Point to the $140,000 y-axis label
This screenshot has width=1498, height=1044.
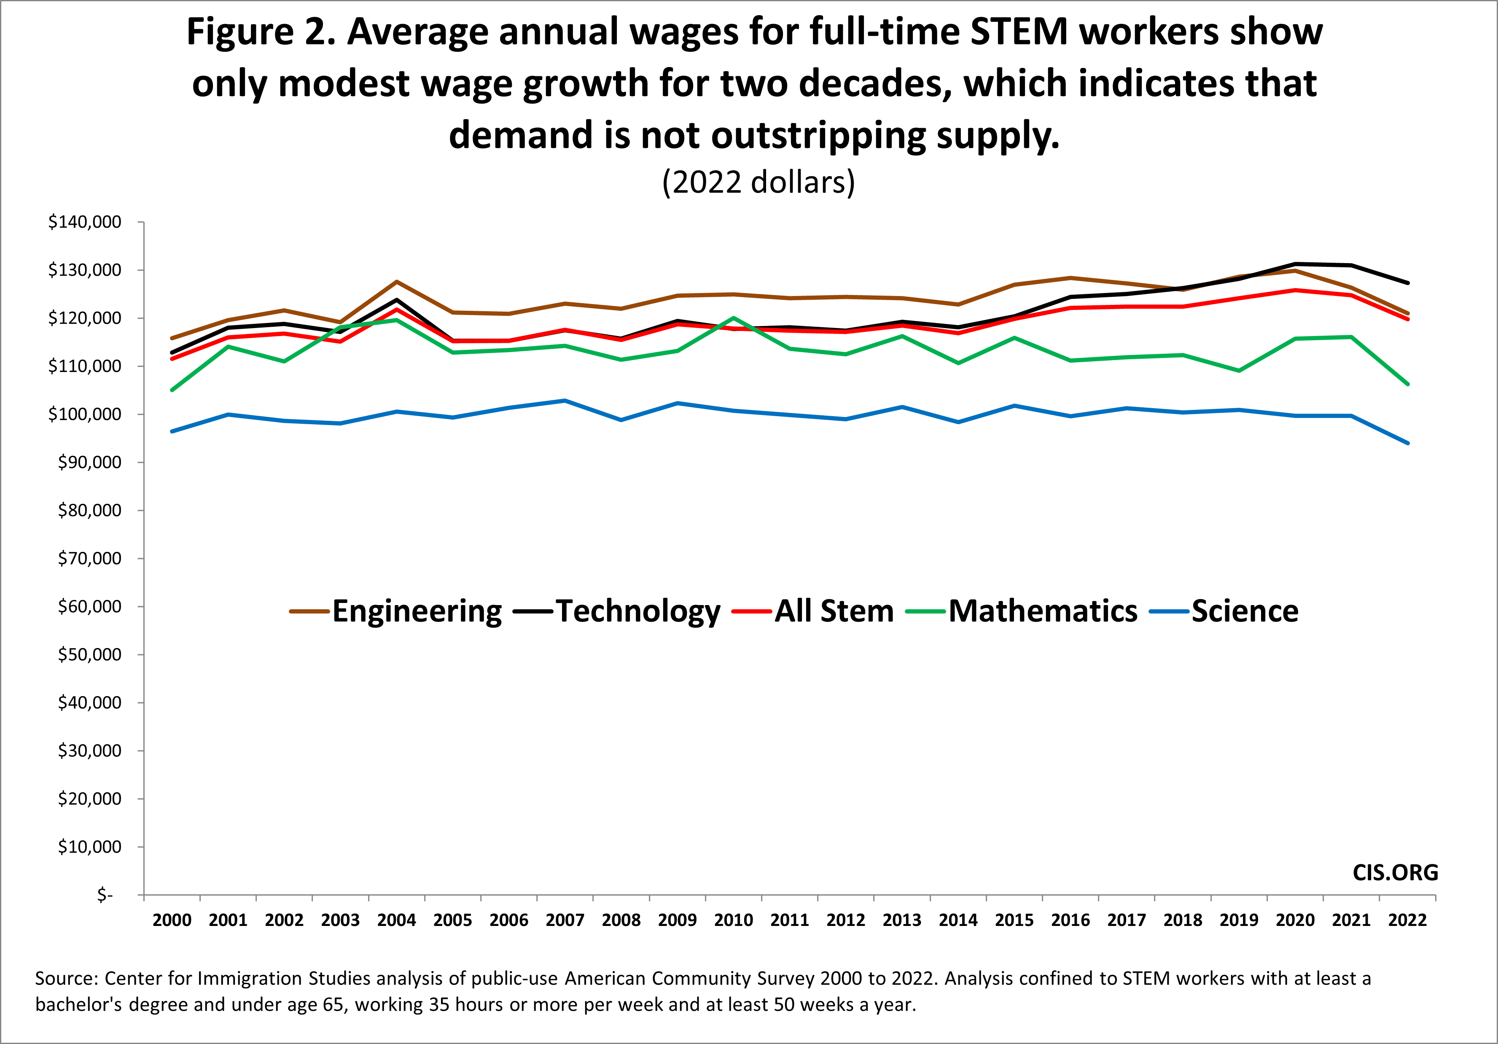click(x=85, y=222)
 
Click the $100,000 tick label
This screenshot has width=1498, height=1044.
click(x=85, y=414)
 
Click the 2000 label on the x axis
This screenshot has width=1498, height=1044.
click(x=172, y=920)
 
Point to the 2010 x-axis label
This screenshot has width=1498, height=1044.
click(x=733, y=920)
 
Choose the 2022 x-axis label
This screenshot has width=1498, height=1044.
click(x=1407, y=920)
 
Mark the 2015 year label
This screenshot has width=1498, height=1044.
click(x=1014, y=920)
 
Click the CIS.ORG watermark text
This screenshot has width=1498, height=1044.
click(x=1395, y=872)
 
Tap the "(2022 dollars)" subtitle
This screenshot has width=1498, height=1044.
click(x=758, y=182)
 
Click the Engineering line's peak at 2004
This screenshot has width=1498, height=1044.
click(x=397, y=282)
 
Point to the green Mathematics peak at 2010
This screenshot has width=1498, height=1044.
click(x=733, y=318)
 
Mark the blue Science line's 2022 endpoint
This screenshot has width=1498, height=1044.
click(x=1407, y=443)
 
